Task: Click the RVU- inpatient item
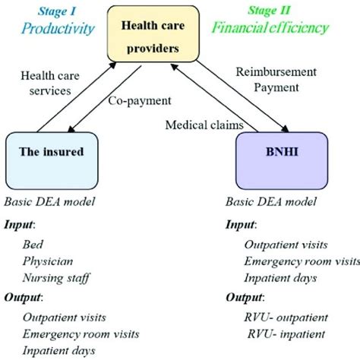pos(281,333)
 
